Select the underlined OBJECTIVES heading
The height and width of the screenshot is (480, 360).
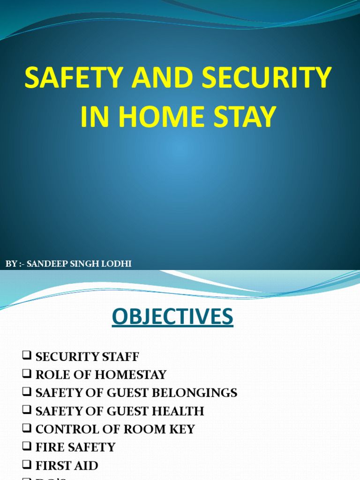tap(172, 317)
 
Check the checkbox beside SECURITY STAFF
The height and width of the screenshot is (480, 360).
tap(26, 356)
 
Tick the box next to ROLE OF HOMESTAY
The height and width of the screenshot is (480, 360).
tap(26, 374)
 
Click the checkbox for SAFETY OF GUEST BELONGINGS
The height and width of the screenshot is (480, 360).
tap(26, 392)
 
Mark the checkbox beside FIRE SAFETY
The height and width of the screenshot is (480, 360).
tap(26, 447)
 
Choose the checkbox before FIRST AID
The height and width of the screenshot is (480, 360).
tap(26, 465)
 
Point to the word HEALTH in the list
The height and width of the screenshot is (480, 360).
tap(179, 411)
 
